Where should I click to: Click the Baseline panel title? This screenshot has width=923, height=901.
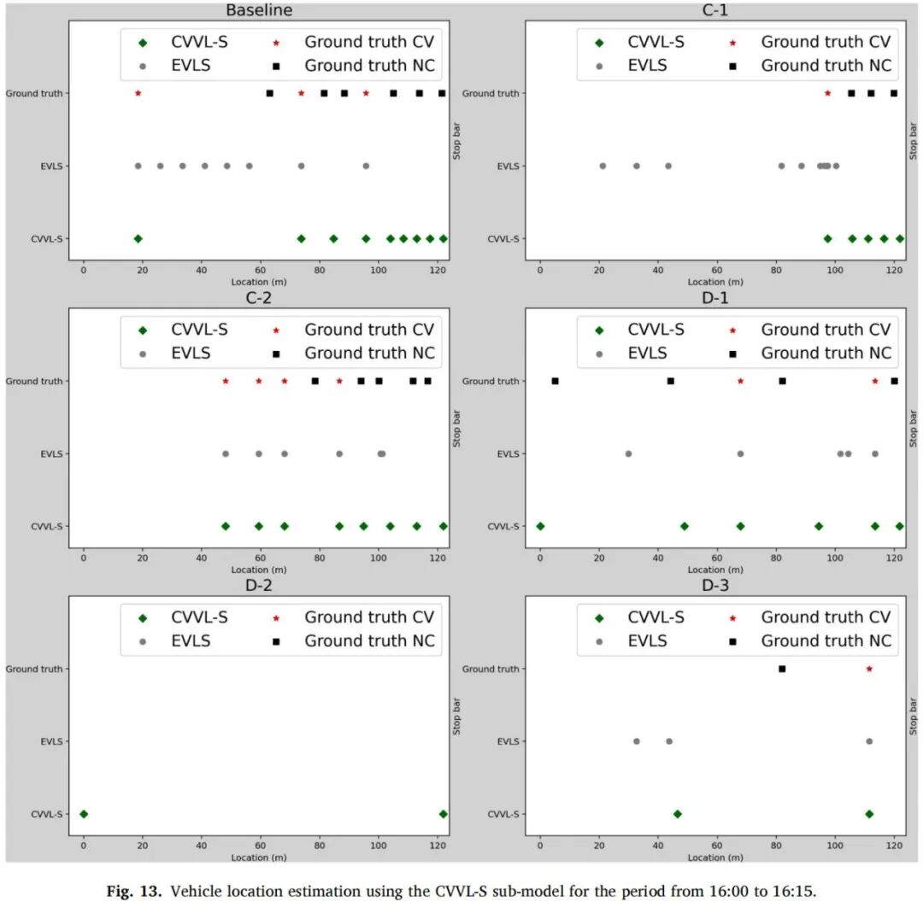tap(259, 10)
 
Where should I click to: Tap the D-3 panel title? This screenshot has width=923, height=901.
tap(715, 585)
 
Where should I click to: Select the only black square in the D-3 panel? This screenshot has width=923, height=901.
tap(782, 669)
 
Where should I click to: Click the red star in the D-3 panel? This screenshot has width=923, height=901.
tap(869, 669)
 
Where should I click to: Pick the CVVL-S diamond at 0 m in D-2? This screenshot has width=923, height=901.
tap(84, 814)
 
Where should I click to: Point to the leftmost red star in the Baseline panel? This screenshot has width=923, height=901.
tap(138, 93)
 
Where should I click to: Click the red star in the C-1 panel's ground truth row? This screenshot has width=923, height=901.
tap(827, 93)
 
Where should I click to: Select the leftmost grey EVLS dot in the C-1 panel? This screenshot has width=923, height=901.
tap(603, 166)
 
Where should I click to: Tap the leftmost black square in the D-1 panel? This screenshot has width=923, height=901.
tap(556, 381)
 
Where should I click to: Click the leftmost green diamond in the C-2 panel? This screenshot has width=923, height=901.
tap(226, 526)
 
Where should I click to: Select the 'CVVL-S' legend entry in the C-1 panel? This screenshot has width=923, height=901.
tap(641, 43)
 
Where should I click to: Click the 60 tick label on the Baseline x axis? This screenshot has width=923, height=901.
tap(260, 270)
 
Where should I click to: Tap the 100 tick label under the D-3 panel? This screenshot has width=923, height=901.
tap(835, 845)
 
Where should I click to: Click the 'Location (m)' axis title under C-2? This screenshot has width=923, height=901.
tap(259, 570)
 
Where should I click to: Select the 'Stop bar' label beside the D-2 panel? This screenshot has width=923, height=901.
tap(456, 717)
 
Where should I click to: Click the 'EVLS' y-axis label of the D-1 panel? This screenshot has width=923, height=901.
tap(508, 454)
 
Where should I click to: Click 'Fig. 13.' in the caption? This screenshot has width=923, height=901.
tap(133, 891)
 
